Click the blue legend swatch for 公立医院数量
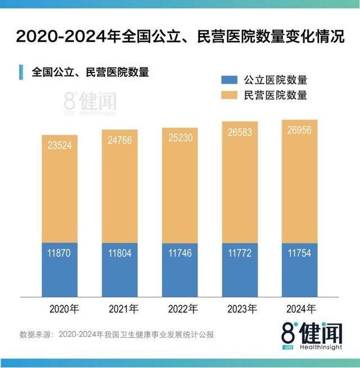pyautogui.click(x=231, y=80)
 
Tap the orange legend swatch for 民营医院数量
pyautogui.click(x=231, y=96)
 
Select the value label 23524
pyautogui.click(x=60, y=145)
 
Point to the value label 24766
pyautogui.click(x=119, y=140)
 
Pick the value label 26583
pyautogui.click(x=240, y=133)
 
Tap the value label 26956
pyautogui.click(x=300, y=131)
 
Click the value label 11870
pyautogui.click(x=60, y=253)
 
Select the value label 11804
pyautogui.click(x=119, y=253)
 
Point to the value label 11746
pyautogui.click(x=179, y=253)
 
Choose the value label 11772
pyautogui.click(x=240, y=253)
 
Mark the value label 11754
pyautogui.click(x=300, y=253)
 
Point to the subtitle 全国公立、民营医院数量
pyautogui.click(x=90, y=72)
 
